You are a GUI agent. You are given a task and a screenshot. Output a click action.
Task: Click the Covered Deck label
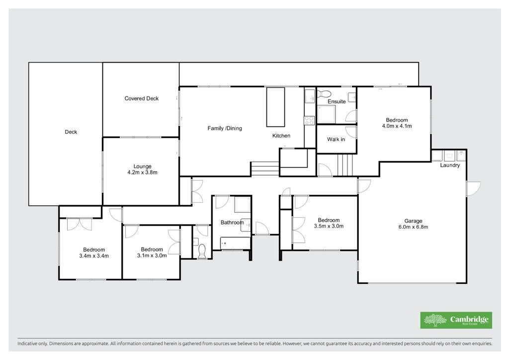point(142,98)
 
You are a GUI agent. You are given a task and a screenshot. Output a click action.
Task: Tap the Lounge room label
point(143,166)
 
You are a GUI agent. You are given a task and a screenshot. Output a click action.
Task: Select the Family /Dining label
point(225,128)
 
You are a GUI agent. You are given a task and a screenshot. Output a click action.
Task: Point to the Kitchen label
point(281,136)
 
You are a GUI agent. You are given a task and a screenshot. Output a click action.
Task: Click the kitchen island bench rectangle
point(275,107)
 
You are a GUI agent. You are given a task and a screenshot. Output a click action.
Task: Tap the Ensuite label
point(337,101)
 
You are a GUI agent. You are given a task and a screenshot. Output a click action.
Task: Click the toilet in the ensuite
point(323,93)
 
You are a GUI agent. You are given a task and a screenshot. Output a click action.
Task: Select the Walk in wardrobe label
point(336,139)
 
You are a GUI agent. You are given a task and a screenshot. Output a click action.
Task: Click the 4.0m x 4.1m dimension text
point(397,126)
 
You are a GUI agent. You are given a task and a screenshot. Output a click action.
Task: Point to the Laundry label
point(450,165)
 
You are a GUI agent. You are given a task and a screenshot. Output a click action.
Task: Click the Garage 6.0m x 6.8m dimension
point(413,227)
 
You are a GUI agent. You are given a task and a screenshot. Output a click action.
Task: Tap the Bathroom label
point(232,222)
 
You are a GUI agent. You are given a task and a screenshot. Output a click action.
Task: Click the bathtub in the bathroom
point(235,243)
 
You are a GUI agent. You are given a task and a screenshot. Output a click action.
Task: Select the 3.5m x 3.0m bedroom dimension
point(329,226)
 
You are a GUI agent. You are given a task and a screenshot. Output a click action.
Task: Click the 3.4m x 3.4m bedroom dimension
point(94,256)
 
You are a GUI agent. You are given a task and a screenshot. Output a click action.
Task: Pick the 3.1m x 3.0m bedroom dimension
point(152,256)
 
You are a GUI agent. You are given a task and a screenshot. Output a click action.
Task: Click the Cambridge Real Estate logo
point(456,320)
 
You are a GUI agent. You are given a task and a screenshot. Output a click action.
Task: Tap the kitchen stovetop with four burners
point(309,120)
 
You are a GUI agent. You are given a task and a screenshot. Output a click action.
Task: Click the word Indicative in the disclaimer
point(27,344)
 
